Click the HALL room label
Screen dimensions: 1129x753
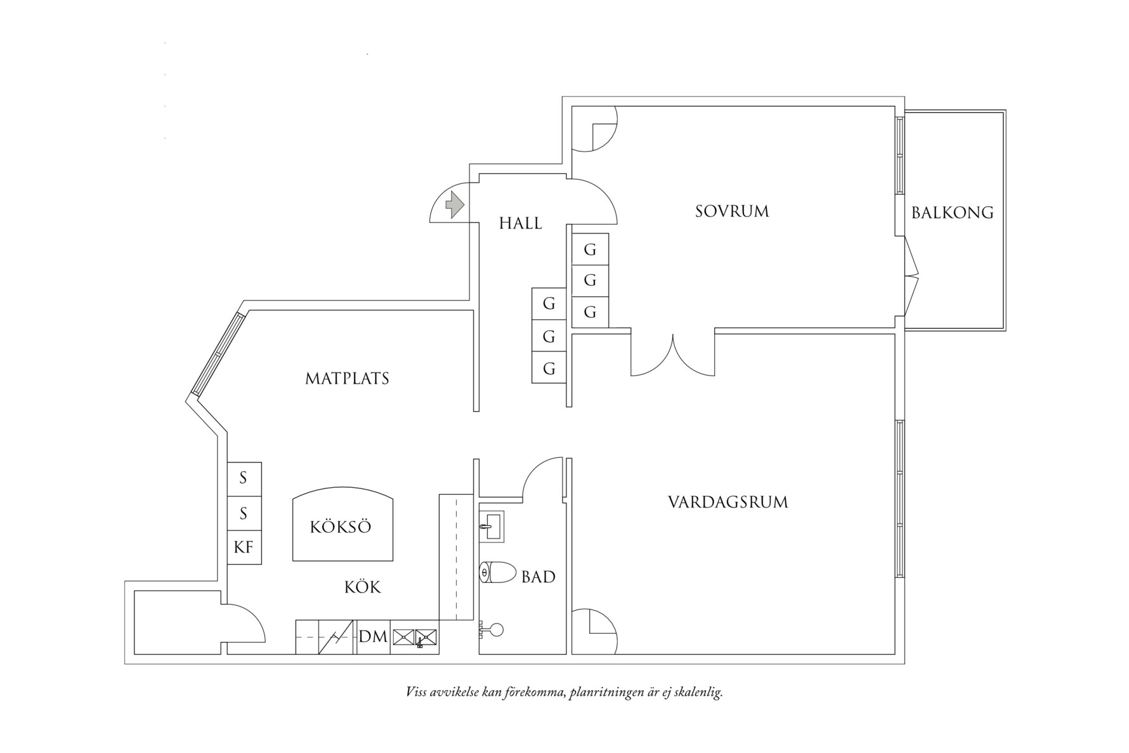520,223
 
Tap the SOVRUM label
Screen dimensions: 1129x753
732,211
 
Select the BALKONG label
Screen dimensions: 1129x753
953,213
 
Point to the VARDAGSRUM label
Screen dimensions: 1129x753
728,502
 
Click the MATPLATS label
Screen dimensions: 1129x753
347,379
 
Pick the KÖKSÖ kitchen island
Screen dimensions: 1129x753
343,524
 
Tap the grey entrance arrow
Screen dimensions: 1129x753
454,204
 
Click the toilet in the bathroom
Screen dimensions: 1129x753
499,573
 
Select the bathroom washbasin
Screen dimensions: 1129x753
492,526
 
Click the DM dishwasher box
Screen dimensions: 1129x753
374,636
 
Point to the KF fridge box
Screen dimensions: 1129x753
244,547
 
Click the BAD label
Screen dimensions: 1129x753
538,577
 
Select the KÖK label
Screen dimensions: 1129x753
363,587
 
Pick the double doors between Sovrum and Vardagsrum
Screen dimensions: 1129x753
673,355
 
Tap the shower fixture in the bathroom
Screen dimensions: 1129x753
492,630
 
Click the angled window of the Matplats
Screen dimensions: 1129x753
218,355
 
